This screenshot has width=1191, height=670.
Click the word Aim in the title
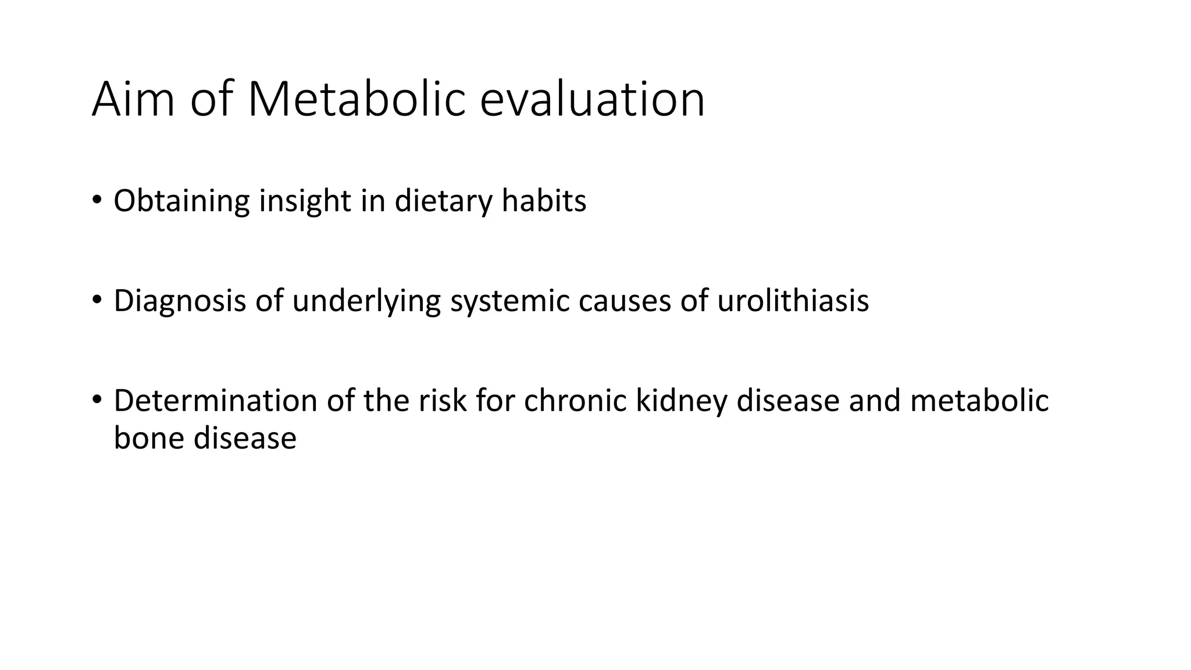coord(133,99)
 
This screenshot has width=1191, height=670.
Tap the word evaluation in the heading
coord(592,99)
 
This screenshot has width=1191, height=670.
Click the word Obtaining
coord(181,201)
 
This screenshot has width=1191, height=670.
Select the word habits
coord(544,201)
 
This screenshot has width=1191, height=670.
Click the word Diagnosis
coord(180,301)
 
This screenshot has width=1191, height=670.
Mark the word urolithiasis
coord(793,301)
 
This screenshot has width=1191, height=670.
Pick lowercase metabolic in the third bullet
coord(979,401)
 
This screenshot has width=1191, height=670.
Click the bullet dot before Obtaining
coord(97,201)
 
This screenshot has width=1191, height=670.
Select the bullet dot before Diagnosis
coord(97,301)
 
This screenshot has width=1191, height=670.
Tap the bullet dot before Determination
coord(97,401)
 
